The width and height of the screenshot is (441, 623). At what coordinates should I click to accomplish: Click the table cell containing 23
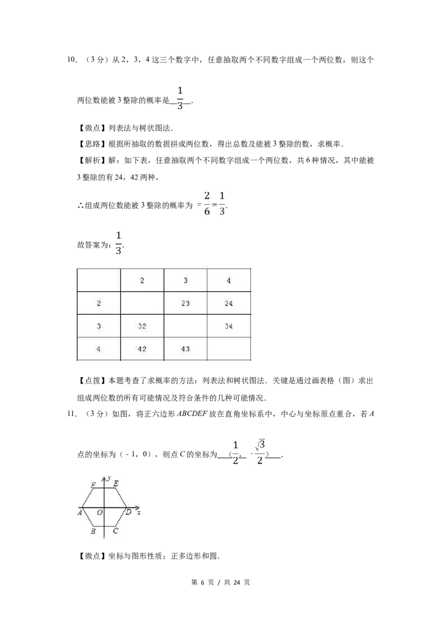[185, 303]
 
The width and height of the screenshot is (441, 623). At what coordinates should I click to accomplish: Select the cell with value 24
[229, 303]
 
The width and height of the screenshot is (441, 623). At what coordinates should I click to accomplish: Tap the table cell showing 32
[142, 326]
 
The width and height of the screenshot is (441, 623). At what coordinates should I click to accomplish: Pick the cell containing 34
[229, 326]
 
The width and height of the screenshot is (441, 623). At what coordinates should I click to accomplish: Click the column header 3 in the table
[185, 281]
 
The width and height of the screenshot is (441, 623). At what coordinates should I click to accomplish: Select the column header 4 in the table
[229, 281]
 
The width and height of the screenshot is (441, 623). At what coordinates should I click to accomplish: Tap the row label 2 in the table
[98, 303]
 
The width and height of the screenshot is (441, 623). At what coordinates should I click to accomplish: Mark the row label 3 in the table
[98, 326]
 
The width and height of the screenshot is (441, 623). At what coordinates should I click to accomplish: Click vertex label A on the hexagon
[80, 512]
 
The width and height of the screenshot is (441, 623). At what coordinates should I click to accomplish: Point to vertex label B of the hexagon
[93, 531]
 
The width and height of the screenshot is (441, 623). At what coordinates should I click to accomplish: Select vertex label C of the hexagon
[115, 531]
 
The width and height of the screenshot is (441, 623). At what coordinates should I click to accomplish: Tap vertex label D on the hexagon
[128, 512]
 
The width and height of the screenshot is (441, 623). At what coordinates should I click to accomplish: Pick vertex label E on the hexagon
[115, 484]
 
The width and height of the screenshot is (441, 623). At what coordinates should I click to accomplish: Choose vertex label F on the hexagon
[93, 484]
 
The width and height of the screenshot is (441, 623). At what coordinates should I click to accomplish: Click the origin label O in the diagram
[100, 512]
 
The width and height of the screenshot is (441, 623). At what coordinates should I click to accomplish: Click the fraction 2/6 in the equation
[207, 204]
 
